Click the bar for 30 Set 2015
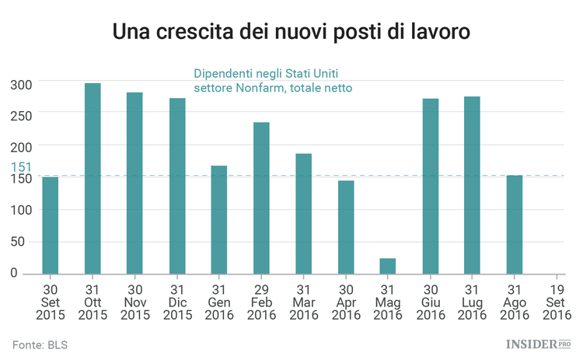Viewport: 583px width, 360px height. (x=51, y=225)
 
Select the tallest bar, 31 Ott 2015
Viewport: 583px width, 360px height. (x=93, y=178)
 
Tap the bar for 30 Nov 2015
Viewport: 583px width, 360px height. (x=134, y=183)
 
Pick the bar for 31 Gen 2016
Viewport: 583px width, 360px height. (x=219, y=219)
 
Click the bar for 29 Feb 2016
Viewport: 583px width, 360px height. (x=261, y=197)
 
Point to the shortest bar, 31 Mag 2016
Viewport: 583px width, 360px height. (x=388, y=266)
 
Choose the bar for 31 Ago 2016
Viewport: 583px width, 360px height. (x=515, y=225)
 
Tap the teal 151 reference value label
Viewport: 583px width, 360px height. (x=21, y=167)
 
